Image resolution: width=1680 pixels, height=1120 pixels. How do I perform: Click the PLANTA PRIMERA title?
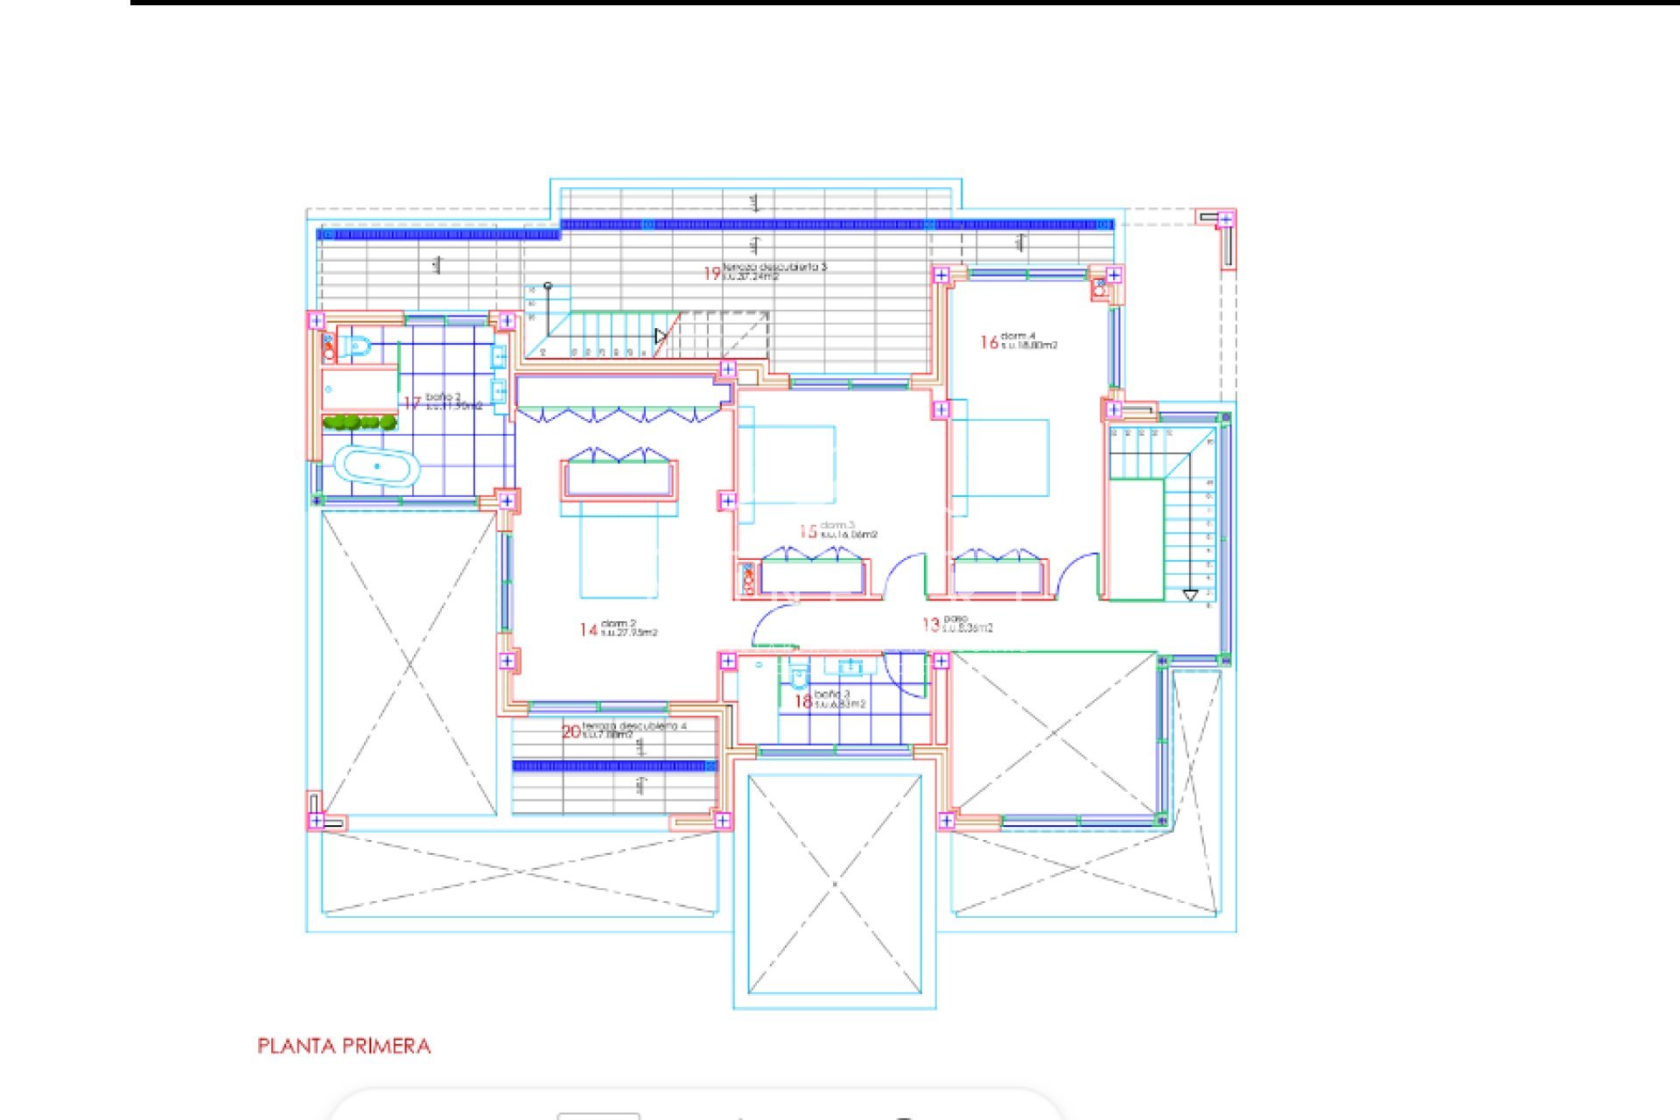point(343,1046)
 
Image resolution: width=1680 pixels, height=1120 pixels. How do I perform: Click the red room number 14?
point(588,630)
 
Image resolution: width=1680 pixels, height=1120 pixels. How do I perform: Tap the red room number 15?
point(808,531)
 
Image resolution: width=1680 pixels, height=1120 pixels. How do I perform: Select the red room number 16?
point(989,342)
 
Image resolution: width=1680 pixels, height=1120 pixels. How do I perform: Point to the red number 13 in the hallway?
point(930,625)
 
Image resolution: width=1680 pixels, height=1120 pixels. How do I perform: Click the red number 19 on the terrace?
point(711,274)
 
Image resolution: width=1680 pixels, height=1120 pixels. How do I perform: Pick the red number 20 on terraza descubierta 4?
point(570,731)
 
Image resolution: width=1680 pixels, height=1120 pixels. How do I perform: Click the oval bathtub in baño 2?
point(377,466)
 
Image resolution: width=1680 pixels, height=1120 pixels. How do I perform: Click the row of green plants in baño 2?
point(359,423)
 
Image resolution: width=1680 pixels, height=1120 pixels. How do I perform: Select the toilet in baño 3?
point(798,677)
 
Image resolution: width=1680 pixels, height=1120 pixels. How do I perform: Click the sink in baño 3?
point(850,668)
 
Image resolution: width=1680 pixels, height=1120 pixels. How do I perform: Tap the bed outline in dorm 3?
point(787,464)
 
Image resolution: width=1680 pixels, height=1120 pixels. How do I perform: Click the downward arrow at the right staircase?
point(1190,596)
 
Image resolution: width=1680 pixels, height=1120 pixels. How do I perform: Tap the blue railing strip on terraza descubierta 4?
point(613,766)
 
